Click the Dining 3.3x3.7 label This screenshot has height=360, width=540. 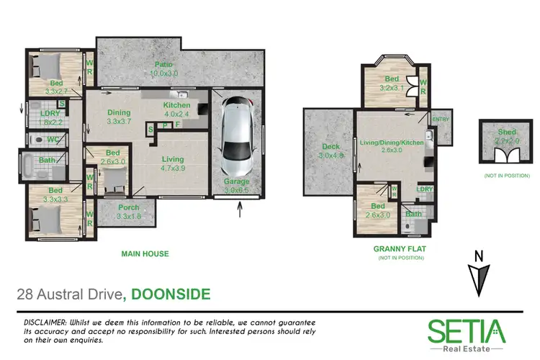tap(119, 117)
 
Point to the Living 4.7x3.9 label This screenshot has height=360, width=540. tap(172, 163)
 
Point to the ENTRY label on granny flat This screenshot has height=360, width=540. tap(438, 120)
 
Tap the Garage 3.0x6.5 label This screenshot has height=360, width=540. tap(237, 185)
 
